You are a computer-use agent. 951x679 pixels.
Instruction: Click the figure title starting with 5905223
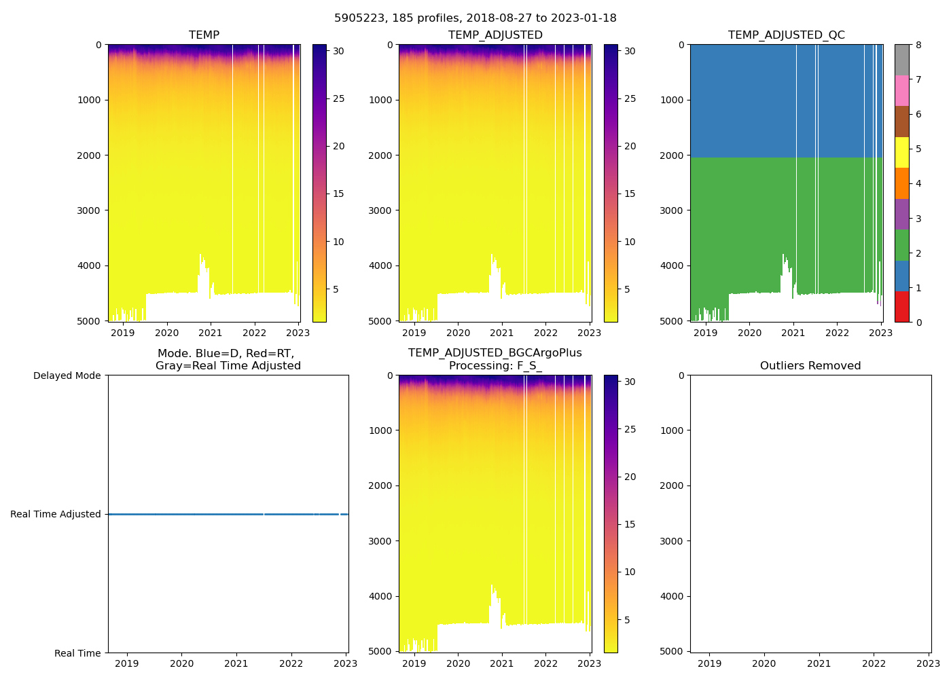coord(475,18)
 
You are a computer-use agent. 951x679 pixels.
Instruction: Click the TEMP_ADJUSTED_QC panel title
coord(786,35)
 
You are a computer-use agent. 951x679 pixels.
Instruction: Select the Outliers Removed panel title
coord(810,366)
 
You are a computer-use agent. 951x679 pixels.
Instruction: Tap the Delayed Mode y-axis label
coord(67,375)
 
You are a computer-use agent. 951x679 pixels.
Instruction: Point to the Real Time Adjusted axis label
coord(55,515)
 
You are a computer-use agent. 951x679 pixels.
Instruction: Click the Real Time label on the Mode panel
coord(77,653)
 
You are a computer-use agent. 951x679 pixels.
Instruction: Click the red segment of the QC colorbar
coord(901,306)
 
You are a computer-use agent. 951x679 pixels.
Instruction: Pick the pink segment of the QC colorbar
coord(901,90)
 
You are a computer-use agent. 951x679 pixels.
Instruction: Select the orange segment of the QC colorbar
coord(901,183)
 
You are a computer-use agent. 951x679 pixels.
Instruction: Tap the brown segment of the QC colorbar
coord(901,122)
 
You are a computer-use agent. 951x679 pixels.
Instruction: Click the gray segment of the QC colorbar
coord(901,60)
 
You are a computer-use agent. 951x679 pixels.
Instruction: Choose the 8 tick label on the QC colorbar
coord(918,45)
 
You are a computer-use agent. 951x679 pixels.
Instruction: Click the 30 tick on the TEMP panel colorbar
coord(338,51)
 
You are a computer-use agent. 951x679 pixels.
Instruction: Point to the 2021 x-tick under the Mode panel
coord(236,663)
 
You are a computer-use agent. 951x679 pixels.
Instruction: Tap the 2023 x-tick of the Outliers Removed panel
coord(928,663)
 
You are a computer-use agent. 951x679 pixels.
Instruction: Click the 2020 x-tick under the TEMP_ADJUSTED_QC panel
coord(749,333)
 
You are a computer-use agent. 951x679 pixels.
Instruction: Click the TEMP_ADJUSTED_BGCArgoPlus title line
coord(495,353)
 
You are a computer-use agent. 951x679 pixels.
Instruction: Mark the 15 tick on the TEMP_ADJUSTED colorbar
coord(630,194)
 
